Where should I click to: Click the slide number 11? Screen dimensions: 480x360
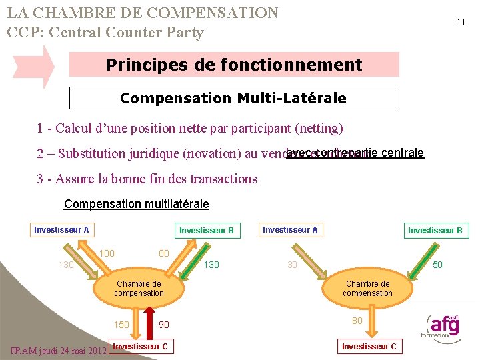point(461,22)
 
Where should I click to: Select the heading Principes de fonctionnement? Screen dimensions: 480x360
point(234,65)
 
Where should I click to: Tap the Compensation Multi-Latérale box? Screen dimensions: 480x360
point(233,98)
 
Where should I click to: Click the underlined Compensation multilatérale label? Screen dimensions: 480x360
point(136,204)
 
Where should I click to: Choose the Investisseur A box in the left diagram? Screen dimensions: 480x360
point(61,230)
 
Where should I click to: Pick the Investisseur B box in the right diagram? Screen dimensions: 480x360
point(435,231)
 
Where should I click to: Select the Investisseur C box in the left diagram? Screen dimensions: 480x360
point(140,346)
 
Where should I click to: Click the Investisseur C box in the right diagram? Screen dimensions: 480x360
point(369,346)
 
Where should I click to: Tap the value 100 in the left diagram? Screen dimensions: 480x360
point(107,253)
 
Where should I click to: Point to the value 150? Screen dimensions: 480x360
point(121,325)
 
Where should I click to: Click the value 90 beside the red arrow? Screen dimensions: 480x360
point(164,325)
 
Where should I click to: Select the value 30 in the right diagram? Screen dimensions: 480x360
point(293,265)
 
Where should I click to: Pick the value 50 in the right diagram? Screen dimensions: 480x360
point(437,265)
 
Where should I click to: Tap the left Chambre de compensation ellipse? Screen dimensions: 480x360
point(139,288)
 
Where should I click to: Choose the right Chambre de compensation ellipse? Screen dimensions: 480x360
point(367,288)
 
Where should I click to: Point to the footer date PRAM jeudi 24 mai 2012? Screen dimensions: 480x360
point(58,351)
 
